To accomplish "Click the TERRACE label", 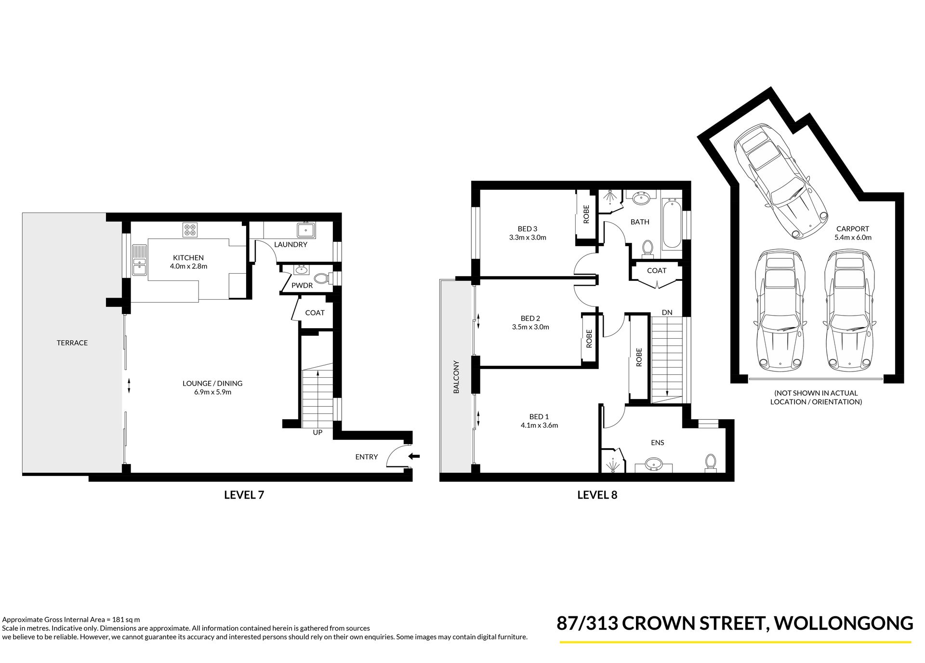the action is tap(72, 343).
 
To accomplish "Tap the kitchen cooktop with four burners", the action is tap(190, 230).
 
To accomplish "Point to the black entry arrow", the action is tap(414, 456).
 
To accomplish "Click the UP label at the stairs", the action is tap(317, 433).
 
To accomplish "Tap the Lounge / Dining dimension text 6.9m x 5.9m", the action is tap(212, 392).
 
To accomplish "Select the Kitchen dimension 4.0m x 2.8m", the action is tap(188, 266).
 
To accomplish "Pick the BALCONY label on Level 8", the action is tap(456, 377).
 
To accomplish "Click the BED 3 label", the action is tap(528, 229).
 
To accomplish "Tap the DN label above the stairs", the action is tap(667, 313).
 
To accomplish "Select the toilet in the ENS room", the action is tap(710, 461).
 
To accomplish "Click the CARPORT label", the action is tap(853, 229).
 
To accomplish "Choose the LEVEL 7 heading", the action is tap(244, 495).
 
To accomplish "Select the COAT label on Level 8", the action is tap(657, 271).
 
